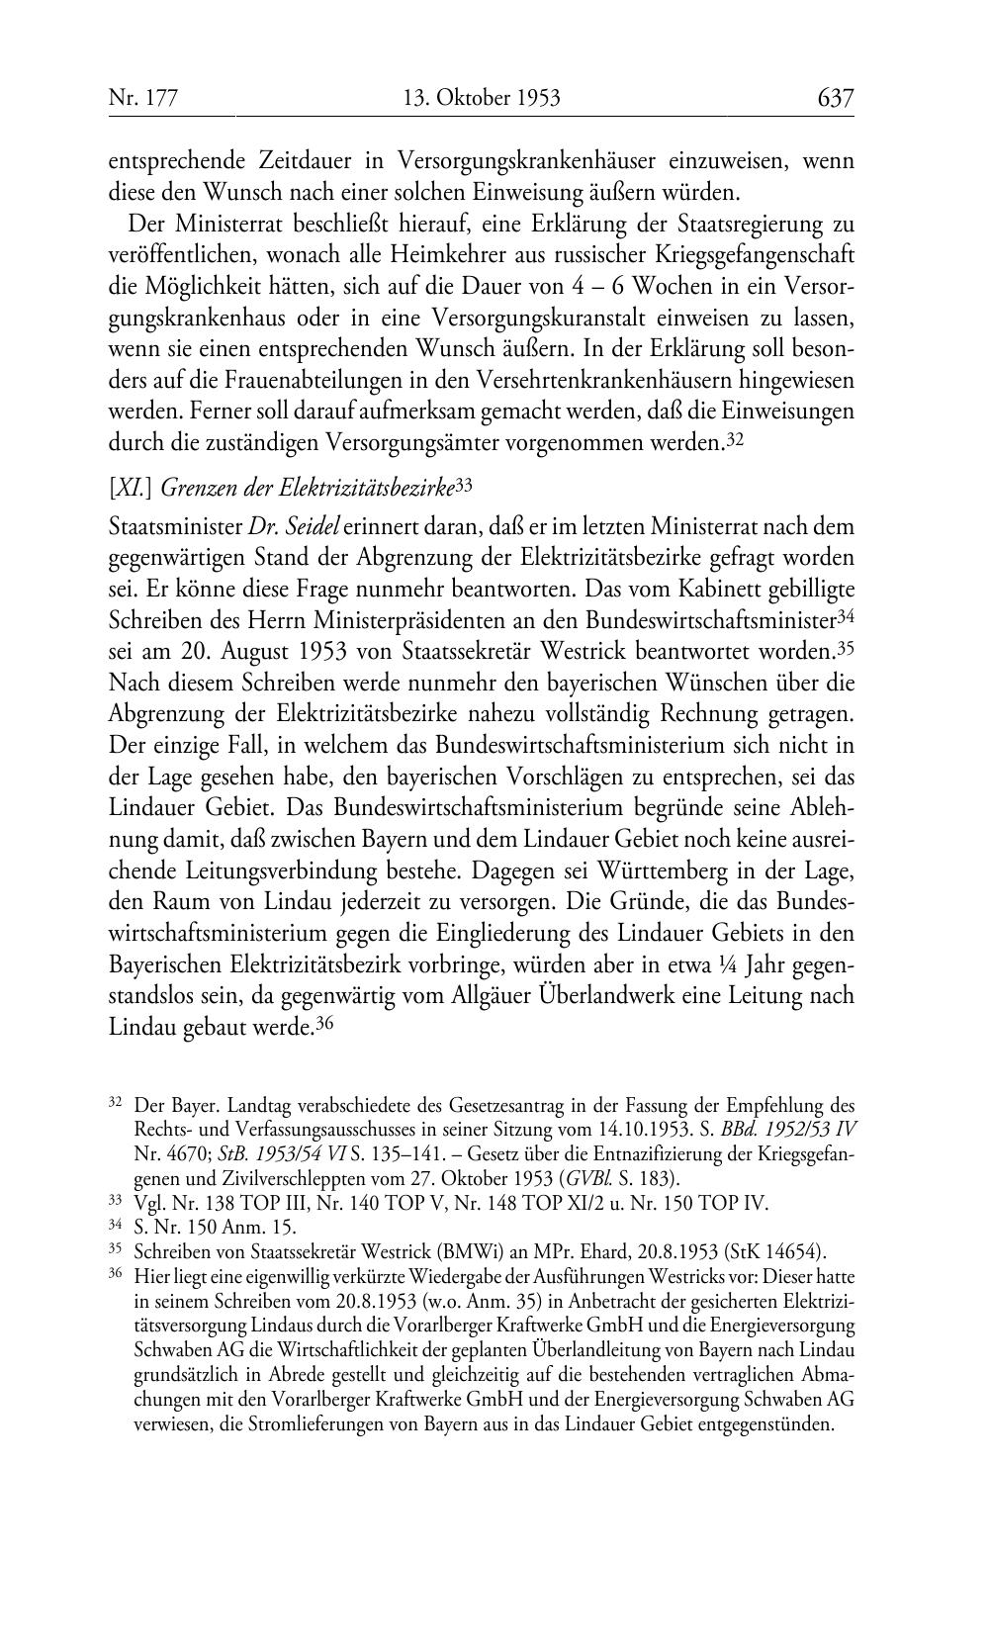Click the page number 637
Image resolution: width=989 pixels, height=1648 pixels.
coord(835,98)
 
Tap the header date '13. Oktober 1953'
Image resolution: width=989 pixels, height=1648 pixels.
coord(482,98)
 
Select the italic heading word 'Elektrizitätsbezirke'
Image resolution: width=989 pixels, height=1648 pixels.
coord(366,487)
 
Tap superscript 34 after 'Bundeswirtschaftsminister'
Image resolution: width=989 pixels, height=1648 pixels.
coord(845,616)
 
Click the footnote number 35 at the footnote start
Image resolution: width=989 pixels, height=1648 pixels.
coord(114,1248)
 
